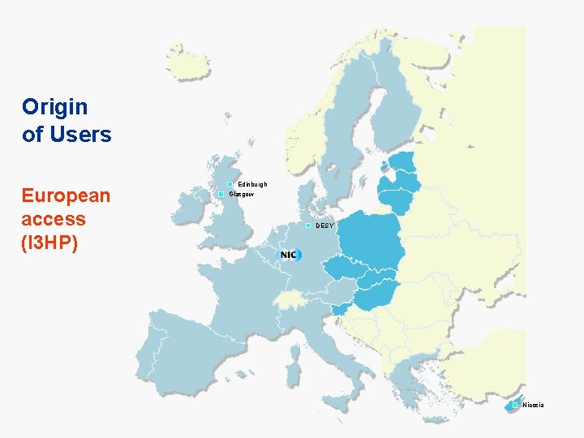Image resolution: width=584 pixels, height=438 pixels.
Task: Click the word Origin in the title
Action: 55,106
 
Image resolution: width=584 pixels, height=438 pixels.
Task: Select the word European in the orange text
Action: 66,196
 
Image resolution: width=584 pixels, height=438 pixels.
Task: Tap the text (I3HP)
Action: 49,242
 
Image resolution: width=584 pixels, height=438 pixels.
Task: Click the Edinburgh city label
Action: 252,185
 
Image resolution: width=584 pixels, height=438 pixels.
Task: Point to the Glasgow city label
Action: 242,195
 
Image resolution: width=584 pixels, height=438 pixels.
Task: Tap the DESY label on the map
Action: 324,225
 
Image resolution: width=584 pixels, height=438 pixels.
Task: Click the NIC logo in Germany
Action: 290,255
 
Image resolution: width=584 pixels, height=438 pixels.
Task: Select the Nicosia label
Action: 534,405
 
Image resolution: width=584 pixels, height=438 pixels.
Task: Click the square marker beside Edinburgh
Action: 230,185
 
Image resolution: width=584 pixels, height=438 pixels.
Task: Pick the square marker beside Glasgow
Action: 221,195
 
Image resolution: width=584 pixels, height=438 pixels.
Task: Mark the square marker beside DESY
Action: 308,225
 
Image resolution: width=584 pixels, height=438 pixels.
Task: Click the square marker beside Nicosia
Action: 515,404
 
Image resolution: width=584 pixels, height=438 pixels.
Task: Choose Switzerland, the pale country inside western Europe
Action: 288,301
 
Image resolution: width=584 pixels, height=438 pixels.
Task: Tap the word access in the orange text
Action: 54,219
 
